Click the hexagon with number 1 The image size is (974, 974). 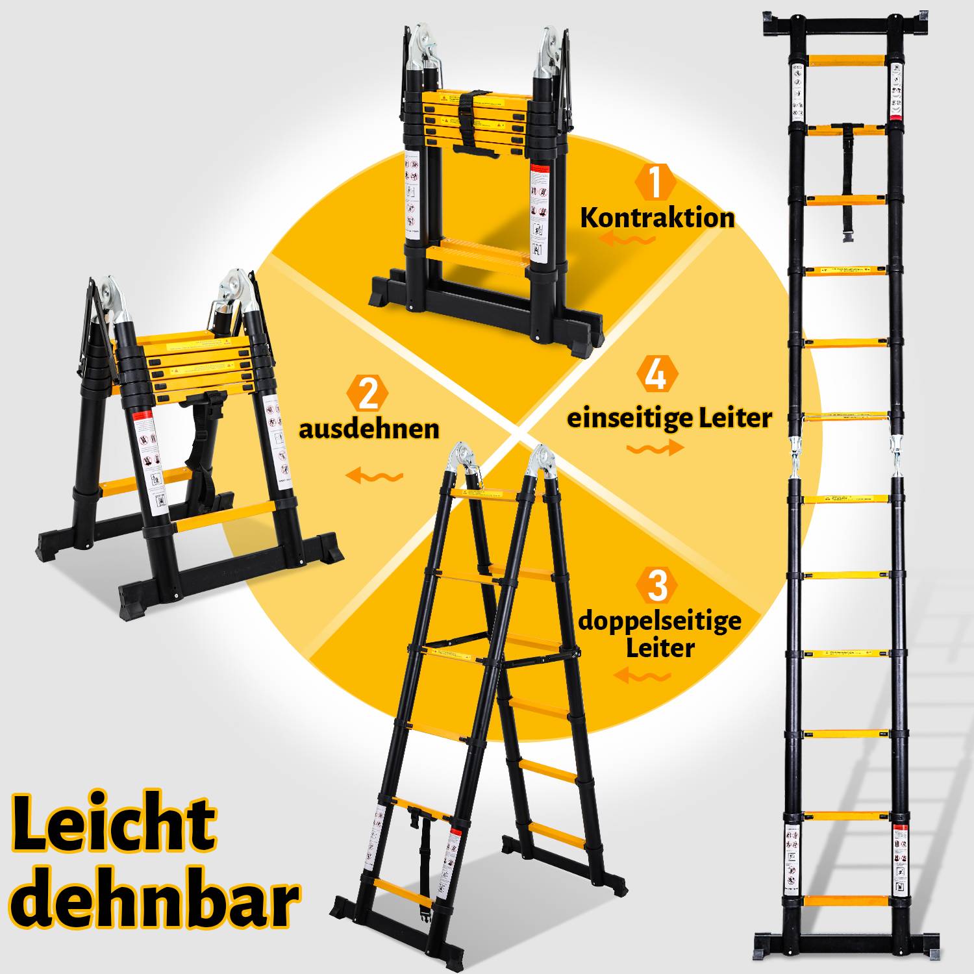[x=656, y=182]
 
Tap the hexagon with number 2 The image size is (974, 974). [x=368, y=394]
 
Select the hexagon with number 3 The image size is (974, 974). [x=657, y=585]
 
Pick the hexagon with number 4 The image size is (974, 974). [x=657, y=375]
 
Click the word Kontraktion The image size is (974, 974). [x=657, y=218]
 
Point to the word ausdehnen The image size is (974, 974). [x=369, y=429]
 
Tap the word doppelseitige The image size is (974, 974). [x=659, y=621]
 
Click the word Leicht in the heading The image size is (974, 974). [x=114, y=823]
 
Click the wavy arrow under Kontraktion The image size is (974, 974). [x=627, y=240]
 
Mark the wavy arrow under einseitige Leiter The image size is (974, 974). [x=655, y=447]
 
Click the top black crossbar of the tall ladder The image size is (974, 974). [x=845, y=28]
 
